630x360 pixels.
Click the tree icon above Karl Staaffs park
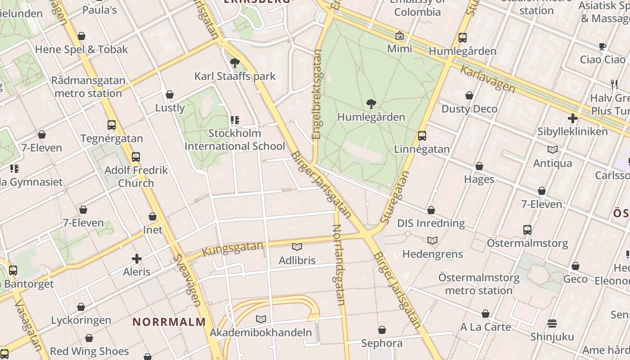234,63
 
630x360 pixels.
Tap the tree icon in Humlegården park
371,104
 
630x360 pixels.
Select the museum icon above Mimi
400,36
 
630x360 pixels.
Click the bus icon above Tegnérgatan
112,125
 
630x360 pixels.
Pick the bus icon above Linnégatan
422,135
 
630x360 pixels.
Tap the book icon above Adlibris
297,247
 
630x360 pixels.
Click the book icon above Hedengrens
432,240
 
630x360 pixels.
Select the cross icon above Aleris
137,259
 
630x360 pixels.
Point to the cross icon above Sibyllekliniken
572,118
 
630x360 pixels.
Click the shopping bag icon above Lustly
170,94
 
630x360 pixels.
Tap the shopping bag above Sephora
382,330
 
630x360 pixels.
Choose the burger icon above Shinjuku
552,323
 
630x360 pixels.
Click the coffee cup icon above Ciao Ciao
603,46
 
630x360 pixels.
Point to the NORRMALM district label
169,322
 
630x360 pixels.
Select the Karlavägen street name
488,79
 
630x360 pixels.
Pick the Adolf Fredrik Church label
136,177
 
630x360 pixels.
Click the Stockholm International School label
234,140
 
